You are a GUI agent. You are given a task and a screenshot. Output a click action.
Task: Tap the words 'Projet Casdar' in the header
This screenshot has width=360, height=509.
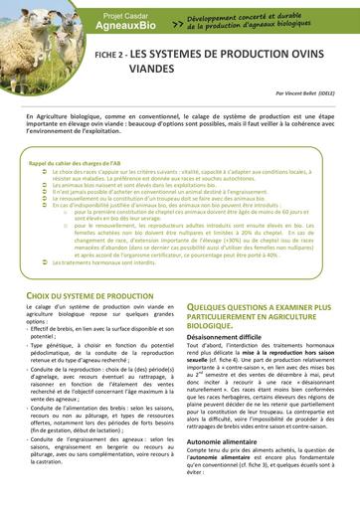tap(133, 16)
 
